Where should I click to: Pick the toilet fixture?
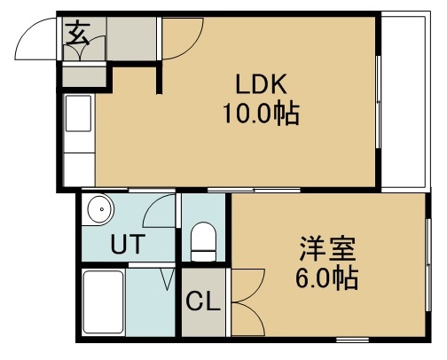(x=204, y=239)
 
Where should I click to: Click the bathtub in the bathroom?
(x=103, y=302)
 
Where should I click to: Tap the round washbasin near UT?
(x=98, y=212)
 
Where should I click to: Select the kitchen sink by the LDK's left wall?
(x=77, y=114)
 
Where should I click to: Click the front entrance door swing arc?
(x=40, y=40)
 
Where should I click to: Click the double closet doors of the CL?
(x=244, y=289)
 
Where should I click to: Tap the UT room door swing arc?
(x=159, y=213)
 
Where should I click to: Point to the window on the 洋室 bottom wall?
(x=351, y=340)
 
